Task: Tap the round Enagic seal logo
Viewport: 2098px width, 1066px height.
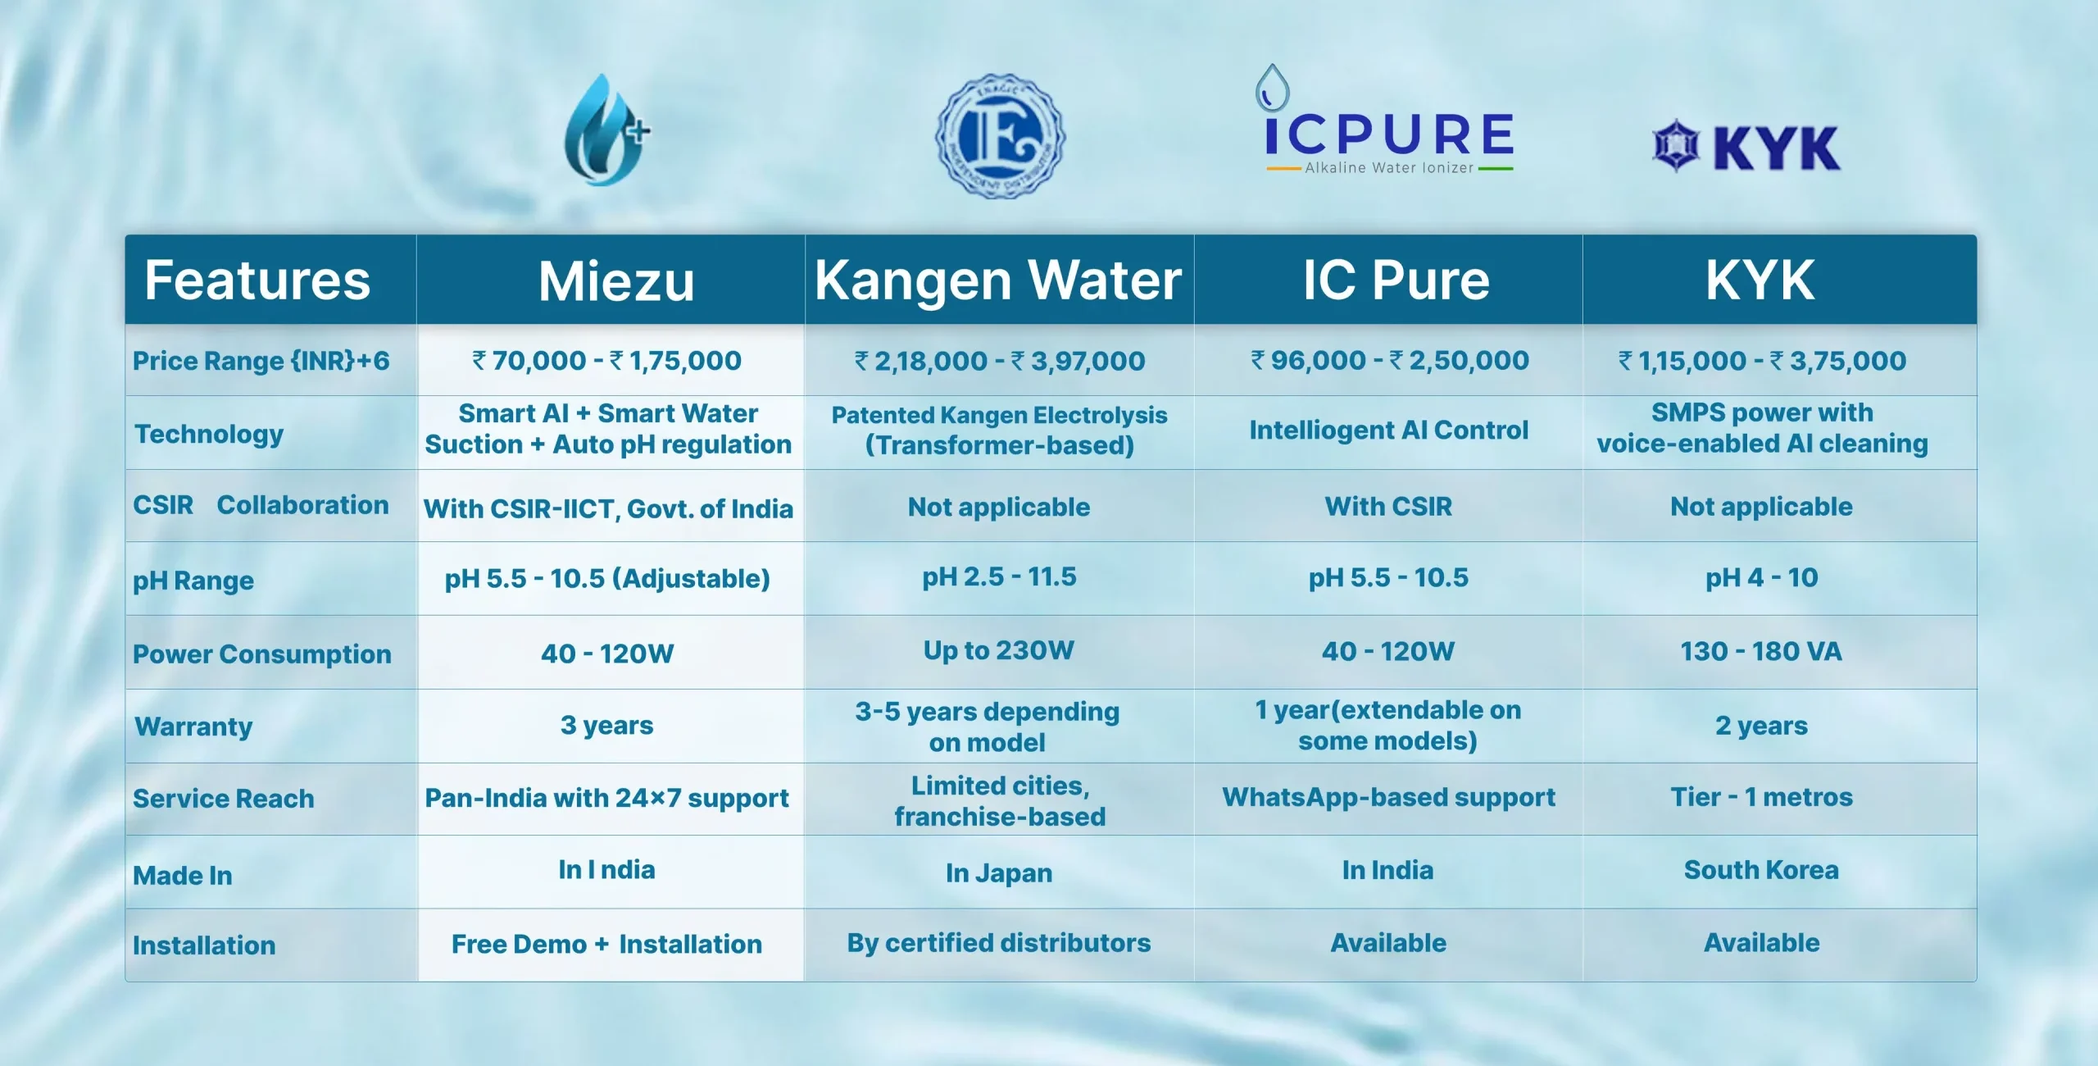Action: [1000, 135]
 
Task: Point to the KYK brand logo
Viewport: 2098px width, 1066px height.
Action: [1746, 147]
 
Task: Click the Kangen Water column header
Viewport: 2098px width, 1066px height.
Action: [998, 280]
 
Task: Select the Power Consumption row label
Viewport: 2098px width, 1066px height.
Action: [262, 654]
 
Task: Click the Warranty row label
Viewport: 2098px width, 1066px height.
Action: [193, 727]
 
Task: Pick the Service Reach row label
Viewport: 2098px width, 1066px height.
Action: [224, 799]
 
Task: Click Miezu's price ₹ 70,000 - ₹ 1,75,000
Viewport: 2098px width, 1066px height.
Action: [606, 361]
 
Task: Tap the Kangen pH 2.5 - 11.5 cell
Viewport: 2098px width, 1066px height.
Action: [999, 577]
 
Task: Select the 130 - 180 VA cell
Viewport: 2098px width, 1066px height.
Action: [1761, 652]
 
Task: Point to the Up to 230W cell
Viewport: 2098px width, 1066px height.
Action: [998, 651]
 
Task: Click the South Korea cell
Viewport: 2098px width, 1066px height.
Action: [1761, 870]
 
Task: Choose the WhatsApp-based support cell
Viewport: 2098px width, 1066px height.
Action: [1388, 798]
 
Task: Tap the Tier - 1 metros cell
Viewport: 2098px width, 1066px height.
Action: [1761, 797]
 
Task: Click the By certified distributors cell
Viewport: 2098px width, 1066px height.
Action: [999, 943]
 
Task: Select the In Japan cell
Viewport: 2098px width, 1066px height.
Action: [999, 873]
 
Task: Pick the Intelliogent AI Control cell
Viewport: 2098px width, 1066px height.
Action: [1388, 430]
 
